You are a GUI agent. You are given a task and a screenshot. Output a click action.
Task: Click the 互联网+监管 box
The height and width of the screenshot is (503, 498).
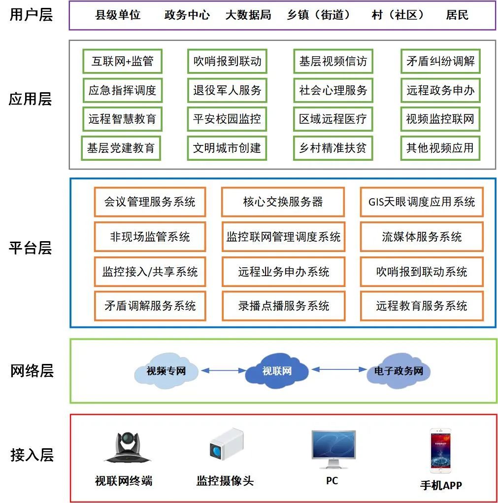coord(122,62)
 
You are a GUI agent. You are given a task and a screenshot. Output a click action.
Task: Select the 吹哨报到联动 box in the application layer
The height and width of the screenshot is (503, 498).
coord(227,62)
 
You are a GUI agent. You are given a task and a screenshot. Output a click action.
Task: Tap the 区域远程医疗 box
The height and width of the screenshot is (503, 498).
coord(333,119)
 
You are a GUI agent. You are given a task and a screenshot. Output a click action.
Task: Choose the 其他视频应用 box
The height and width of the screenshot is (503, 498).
coord(440,147)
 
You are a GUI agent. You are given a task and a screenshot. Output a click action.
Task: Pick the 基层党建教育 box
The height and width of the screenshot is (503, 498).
coord(121,147)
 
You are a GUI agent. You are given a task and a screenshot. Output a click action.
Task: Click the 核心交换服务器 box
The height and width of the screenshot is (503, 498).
coord(283,202)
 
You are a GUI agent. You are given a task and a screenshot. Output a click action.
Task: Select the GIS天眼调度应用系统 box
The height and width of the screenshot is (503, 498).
coord(422,202)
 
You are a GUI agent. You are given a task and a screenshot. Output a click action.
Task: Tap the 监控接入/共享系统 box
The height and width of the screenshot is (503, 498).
coord(150,272)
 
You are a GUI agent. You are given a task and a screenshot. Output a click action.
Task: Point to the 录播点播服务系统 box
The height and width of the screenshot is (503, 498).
coord(283,306)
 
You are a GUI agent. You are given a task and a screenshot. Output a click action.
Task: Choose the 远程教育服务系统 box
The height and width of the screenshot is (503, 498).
coord(422,306)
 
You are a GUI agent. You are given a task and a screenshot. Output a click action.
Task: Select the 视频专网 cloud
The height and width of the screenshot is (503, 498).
coord(166,371)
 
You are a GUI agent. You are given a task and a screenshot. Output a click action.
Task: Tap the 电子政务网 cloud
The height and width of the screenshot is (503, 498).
coord(398,371)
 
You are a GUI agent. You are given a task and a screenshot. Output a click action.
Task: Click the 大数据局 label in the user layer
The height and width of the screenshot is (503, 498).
coord(248,15)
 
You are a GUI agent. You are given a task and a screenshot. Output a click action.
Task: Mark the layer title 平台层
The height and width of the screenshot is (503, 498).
coord(31,248)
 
